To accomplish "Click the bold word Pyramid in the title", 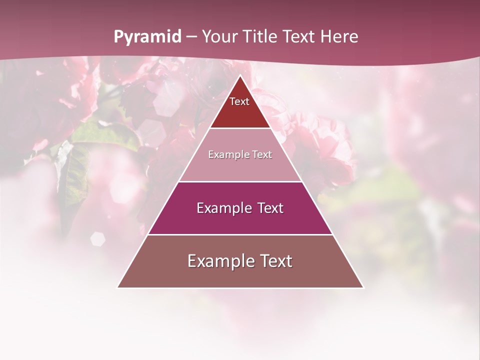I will tap(147, 37).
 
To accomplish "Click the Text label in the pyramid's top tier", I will tap(239, 102).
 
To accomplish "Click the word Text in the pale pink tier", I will tap(262, 155).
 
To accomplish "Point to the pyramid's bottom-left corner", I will tap(118, 287).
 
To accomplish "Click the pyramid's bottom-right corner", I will tap(363, 287).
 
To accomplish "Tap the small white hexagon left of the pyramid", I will tap(97, 239).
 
